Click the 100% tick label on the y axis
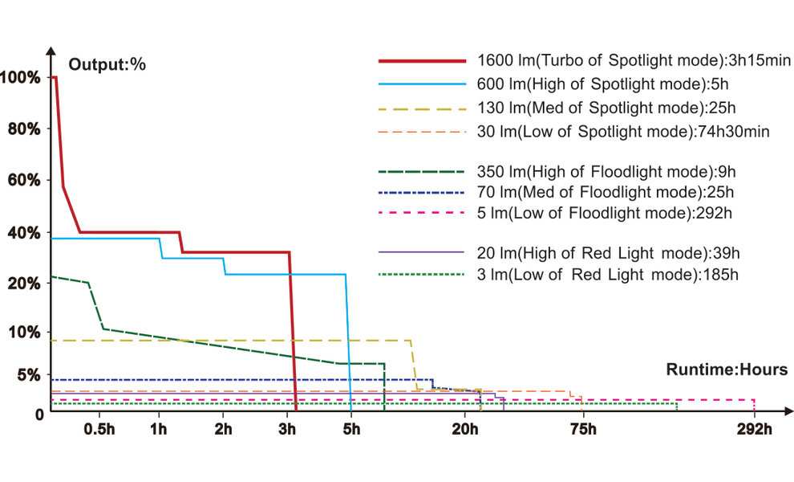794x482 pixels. (20, 78)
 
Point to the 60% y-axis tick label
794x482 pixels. (23, 180)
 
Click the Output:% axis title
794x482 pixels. (107, 65)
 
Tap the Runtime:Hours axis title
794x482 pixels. (727, 370)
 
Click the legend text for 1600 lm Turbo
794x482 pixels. (634, 60)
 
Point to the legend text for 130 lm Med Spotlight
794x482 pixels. (606, 108)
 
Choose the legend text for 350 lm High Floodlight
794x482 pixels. (606, 171)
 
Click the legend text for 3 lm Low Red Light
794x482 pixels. (607, 275)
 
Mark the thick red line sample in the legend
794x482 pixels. (422, 60)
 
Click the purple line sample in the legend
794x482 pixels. (422, 252)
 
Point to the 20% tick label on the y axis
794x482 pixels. (23, 284)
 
